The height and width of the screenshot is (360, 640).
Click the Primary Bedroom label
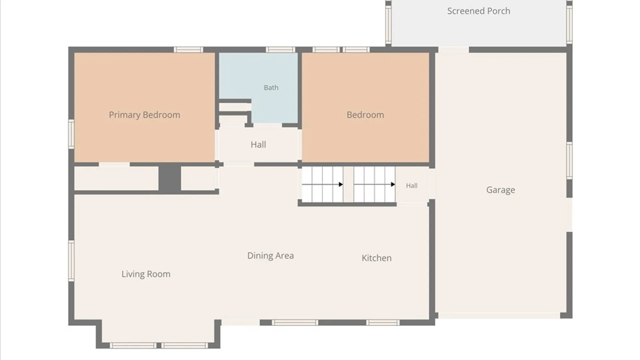click(144, 115)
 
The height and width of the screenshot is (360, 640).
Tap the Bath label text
click(271, 88)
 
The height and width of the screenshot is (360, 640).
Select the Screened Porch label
click(479, 11)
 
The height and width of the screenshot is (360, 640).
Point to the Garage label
click(500, 190)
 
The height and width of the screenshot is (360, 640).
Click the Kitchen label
click(377, 258)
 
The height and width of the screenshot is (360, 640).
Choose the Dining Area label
click(270, 256)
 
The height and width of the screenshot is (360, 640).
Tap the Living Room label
click(146, 274)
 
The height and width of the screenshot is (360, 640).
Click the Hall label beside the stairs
click(412, 186)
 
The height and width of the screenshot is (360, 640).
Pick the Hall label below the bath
click(258, 145)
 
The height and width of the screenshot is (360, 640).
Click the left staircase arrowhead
click(341, 184)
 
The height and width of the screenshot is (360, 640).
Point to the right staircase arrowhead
click(393, 184)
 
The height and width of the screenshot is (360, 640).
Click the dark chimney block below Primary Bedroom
click(170, 178)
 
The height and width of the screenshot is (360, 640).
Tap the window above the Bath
click(280, 50)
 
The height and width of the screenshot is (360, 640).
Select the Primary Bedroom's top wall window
click(188, 50)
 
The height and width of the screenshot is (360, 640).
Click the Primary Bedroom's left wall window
click(71, 134)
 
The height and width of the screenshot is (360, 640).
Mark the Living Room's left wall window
click(71, 261)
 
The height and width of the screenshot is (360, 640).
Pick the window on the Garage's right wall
click(570, 161)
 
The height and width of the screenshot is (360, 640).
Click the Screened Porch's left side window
click(388, 24)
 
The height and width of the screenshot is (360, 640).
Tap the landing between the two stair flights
click(348, 184)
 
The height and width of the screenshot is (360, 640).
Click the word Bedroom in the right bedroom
click(365, 115)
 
